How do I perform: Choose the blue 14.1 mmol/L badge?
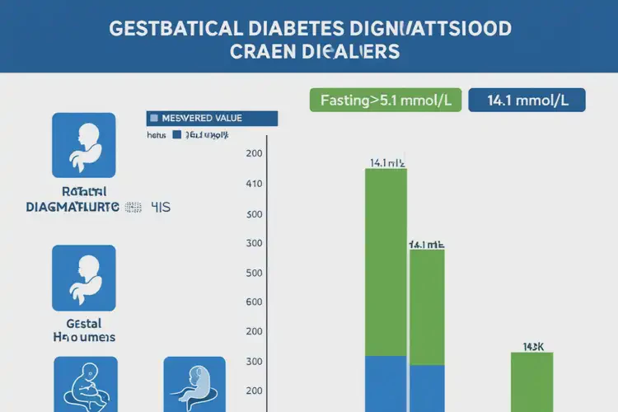pos(526,101)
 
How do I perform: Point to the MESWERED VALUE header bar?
pos(213,118)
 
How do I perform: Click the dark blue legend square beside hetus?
pos(176,133)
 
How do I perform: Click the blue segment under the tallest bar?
pos(386,384)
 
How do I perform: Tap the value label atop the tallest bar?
pos(386,163)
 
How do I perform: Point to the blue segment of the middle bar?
pos(427,388)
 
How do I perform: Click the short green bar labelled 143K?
pos(531,382)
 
